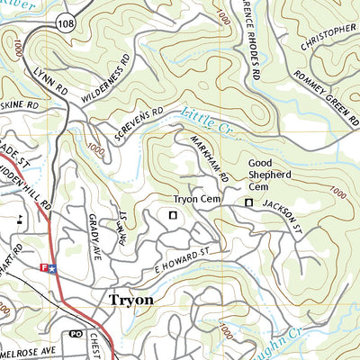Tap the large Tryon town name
click(x=130, y=300)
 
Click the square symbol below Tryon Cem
click(x=172, y=214)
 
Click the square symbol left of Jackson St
click(x=249, y=204)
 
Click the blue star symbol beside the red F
click(x=52, y=267)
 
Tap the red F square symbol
click(x=43, y=267)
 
